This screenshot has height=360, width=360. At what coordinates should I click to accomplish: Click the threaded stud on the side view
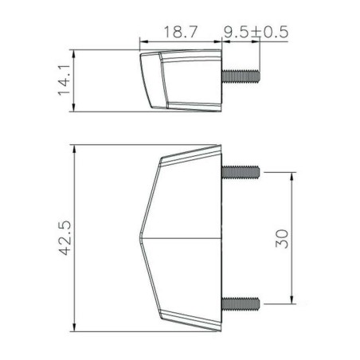tap(244, 76)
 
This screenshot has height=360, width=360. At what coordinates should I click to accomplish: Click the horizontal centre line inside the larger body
tap(183, 238)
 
